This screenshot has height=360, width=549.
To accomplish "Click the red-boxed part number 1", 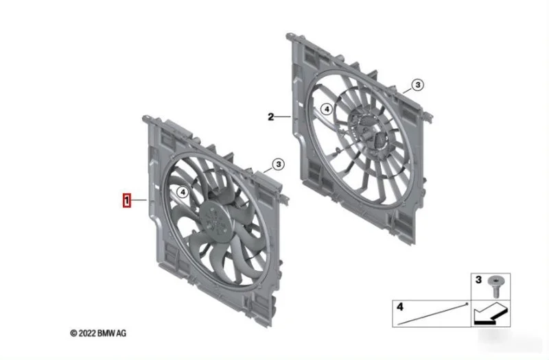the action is coord(127,200).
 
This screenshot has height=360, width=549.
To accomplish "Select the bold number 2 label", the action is coord(270,117).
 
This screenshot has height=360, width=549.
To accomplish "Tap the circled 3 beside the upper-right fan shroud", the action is coord(417,84).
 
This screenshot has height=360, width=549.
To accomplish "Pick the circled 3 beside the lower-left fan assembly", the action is coord(279,164).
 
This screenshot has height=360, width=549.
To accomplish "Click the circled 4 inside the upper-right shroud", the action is coord(327,109).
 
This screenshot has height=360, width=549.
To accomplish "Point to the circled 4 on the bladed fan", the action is coord(183,192).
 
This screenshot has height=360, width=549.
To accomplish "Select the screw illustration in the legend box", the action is coord(495,287).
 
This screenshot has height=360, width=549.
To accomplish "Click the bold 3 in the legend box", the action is coord(478,280).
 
